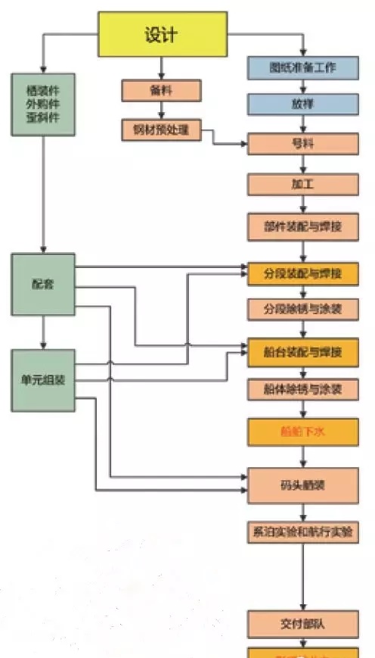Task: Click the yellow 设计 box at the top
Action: [x=163, y=34]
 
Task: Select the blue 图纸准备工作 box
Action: [x=302, y=67]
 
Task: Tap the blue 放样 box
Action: [x=302, y=104]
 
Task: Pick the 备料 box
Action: [x=161, y=91]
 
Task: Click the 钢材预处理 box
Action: [x=161, y=130]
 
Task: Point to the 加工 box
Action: [x=302, y=184]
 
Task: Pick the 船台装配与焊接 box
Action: [x=302, y=352]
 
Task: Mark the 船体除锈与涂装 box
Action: [x=302, y=390]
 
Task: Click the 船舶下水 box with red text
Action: [x=302, y=432]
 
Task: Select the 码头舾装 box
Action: [x=302, y=485]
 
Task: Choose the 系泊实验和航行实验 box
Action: [x=302, y=532]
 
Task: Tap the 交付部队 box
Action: [x=302, y=624]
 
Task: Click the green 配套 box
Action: [x=43, y=285]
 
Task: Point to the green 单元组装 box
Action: [x=43, y=380]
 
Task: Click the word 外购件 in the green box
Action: [x=43, y=104]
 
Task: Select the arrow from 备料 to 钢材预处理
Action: [x=161, y=111]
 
